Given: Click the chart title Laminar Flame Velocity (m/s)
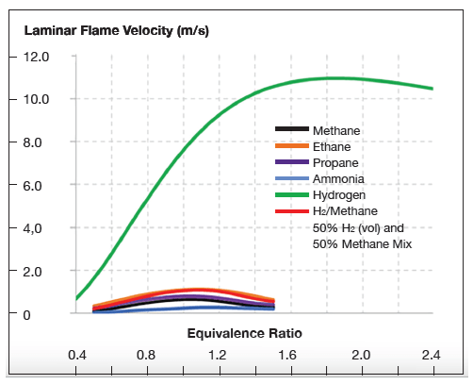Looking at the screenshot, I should [x=114, y=31].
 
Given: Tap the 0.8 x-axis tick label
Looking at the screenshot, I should [x=146, y=356].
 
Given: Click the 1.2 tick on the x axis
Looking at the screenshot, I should [x=218, y=356].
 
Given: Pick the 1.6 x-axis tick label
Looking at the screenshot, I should [x=288, y=356].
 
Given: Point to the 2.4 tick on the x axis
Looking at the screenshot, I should [x=432, y=356].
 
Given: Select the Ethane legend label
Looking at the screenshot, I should [x=333, y=146].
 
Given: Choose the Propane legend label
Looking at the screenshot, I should [x=335, y=162].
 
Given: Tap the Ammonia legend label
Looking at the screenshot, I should [x=337, y=178].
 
